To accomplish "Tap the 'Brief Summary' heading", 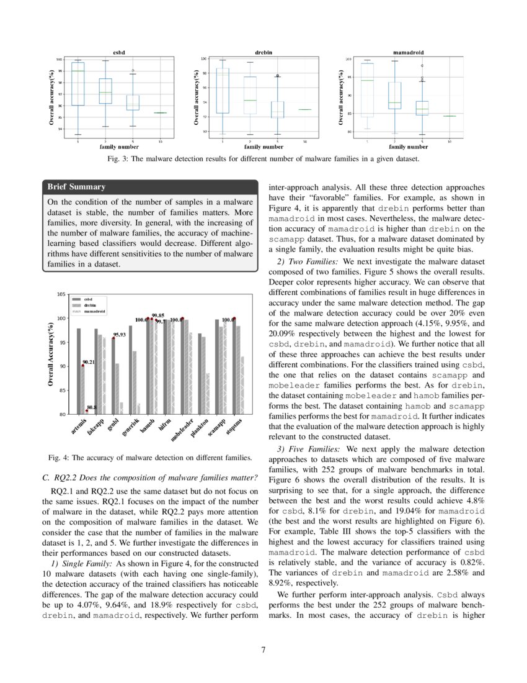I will click(76, 187).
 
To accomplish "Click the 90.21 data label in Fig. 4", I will click(88, 362).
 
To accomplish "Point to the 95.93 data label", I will click(119, 335).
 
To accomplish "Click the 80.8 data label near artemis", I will click(91, 407).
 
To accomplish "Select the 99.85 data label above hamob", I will click(157, 315).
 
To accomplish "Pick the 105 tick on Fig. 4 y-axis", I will click(61, 294).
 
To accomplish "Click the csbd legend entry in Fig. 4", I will click(88, 300).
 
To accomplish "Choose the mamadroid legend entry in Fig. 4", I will click(94, 311).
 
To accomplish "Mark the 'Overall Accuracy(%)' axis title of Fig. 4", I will click(51, 355).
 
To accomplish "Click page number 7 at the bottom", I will click(263, 650).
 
